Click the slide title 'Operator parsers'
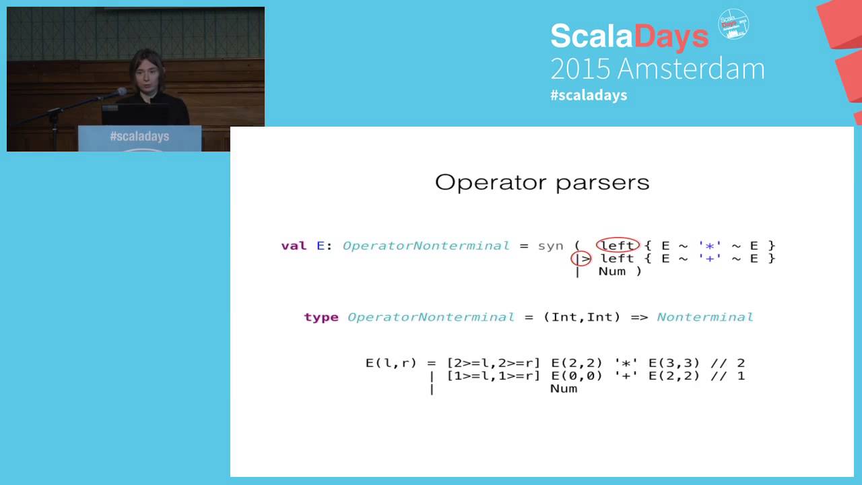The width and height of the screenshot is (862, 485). (542, 183)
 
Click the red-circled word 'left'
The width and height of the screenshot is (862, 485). (617, 246)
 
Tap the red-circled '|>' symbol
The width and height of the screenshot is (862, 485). (581, 259)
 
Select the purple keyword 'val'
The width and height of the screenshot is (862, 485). (294, 246)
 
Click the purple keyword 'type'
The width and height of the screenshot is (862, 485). (321, 317)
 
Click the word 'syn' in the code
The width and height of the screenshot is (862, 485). (550, 246)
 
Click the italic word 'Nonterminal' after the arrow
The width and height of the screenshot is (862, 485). (705, 317)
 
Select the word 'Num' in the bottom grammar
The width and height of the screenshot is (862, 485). (564, 389)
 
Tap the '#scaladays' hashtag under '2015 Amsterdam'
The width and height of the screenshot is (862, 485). (589, 95)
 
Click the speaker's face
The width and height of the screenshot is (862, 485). (147, 75)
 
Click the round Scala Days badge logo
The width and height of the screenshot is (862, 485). (733, 24)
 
